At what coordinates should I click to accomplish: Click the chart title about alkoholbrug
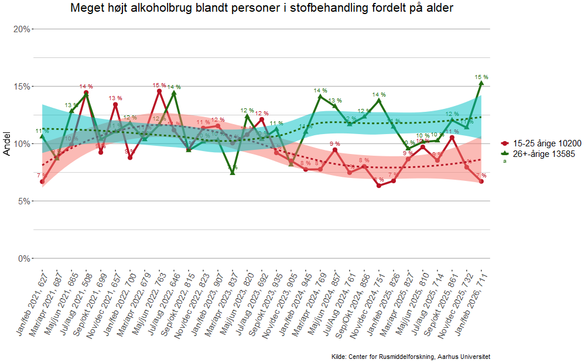[x=262, y=8]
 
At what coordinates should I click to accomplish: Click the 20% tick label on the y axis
[x=22, y=29]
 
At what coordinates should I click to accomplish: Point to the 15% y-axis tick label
[x=22, y=86]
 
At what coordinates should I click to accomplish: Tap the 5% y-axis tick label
[x=24, y=201]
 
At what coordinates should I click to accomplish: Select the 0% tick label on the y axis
[x=24, y=258]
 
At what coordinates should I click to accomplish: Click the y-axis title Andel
[x=8, y=143]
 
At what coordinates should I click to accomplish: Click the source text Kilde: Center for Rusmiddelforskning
[x=411, y=357]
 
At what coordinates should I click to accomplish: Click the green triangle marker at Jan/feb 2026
[x=481, y=83]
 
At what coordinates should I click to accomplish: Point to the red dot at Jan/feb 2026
[x=481, y=181]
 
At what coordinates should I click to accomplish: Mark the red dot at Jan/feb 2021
[x=42, y=181]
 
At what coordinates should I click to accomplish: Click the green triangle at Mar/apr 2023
[x=233, y=172]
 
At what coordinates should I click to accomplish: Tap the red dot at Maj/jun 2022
[x=159, y=91]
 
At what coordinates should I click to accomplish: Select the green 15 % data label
[x=481, y=77]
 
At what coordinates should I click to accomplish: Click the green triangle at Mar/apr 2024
[x=320, y=96]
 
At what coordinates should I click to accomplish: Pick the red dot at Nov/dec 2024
[x=379, y=186]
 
